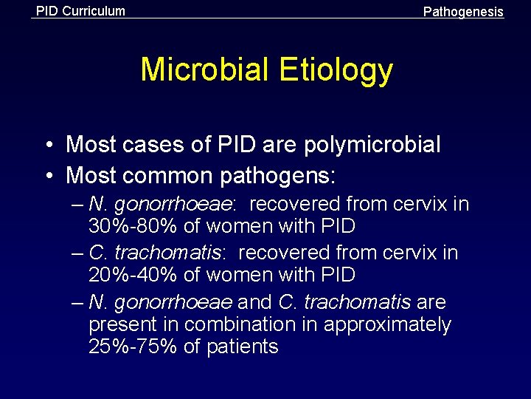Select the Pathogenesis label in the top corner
(463, 12)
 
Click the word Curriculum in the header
(94, 11)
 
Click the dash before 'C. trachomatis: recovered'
(79, 253)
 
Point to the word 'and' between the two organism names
(255, 302)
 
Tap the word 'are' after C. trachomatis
(431, 302)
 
